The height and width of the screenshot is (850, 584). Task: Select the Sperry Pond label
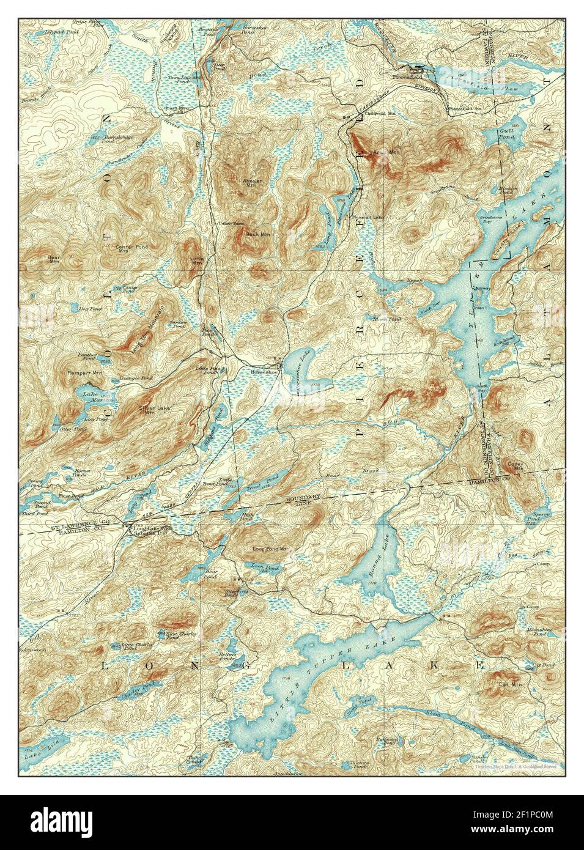click(x=543, y=518)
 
